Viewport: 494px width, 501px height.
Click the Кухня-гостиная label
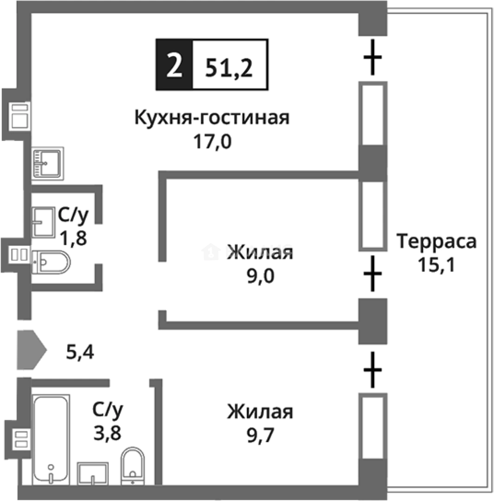tap(212, 118)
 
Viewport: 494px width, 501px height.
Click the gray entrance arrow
tap(31, 350)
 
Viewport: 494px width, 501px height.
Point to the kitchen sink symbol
tap(48, 163)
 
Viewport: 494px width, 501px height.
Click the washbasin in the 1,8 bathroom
tap(44, 222)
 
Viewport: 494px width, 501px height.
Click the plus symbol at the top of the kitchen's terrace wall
tap(372, 58)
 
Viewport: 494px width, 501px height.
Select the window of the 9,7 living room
tap(372, 427)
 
